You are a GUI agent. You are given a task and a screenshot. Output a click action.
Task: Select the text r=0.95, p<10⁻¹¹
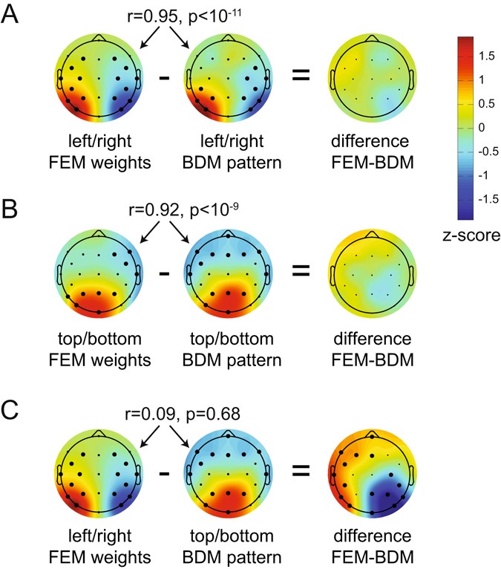175,13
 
